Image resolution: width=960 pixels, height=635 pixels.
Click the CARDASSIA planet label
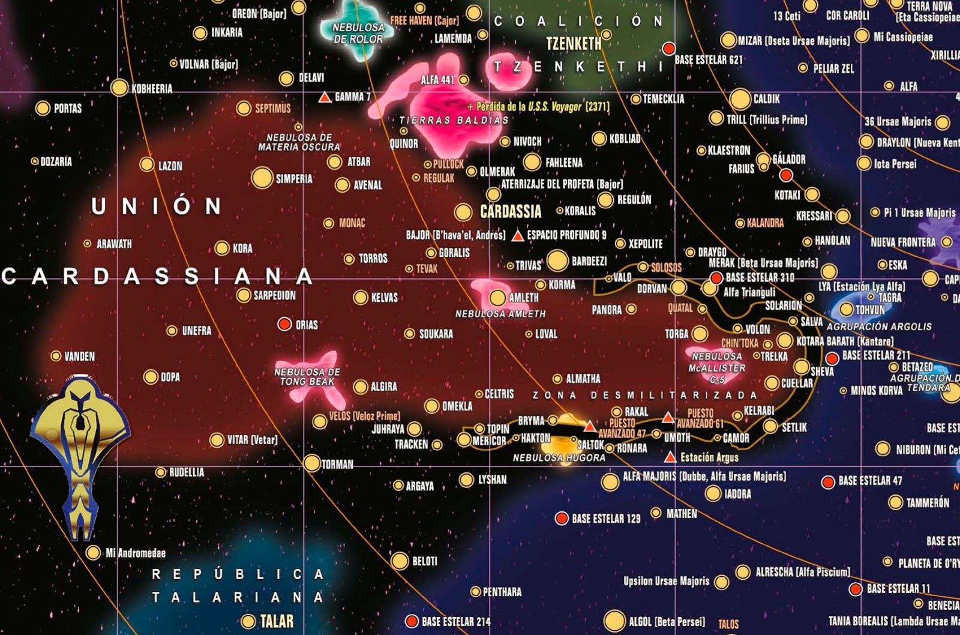click(511, 211)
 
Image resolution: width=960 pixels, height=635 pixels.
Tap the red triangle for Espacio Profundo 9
click(518, 235)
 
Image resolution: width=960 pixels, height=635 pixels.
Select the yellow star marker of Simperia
click(262, 178)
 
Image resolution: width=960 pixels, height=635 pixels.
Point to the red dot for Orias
click(284, 324)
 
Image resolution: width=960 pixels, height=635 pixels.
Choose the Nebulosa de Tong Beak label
click(307, 377)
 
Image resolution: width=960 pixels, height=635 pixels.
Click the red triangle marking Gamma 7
click(325, 97)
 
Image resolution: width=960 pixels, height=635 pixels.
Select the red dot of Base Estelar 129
click(562, 518)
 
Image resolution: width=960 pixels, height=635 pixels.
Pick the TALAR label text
click(277, 621)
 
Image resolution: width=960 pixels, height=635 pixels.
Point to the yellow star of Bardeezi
click(557, 260)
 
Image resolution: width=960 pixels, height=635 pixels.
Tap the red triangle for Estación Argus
click(670, 457)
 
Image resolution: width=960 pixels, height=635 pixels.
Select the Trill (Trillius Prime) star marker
click(716, 118)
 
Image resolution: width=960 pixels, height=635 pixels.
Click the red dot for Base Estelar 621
click(668, 48)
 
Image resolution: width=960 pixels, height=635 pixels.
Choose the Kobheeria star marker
click(119, 88)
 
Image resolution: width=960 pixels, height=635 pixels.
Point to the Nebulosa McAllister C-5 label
click(717, 367)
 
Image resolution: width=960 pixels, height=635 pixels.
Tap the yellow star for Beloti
click(400, 561)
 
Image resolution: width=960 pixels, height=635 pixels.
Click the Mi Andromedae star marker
click(93, 552)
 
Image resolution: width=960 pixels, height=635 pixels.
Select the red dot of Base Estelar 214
click(412, 621)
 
